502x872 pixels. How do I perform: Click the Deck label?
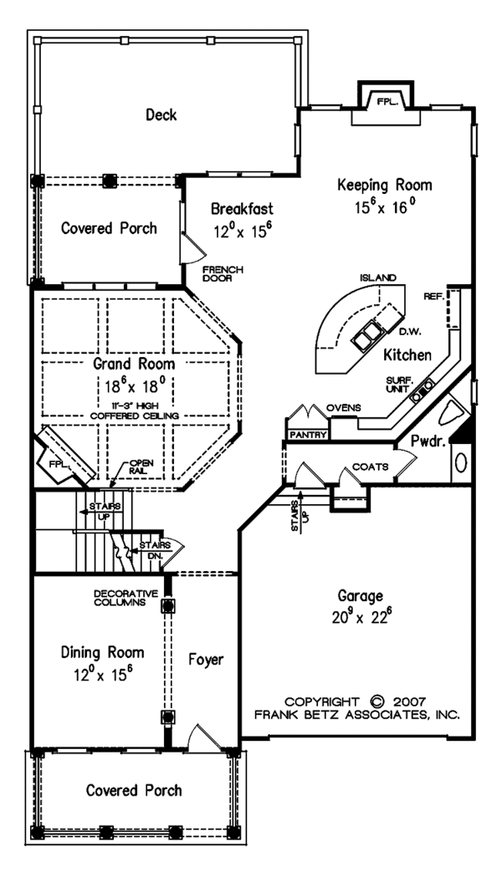tap(161, 115)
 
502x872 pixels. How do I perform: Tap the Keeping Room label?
tap(384, 185)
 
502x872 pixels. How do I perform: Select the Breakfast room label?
tap(242, 208)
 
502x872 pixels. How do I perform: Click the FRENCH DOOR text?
tap(223, 273)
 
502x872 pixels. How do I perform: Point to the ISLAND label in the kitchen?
tap(377, 278)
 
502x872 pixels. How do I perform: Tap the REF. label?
tap(433, 295)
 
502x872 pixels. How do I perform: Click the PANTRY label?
tap(307, 435)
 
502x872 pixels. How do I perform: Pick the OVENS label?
tap(344, 407)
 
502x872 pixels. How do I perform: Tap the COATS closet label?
tap(370, 467)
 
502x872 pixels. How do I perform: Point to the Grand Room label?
tap(134, 365)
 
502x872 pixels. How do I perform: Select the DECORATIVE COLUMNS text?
tap(121, 597)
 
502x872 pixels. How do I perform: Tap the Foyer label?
tap(205, 660)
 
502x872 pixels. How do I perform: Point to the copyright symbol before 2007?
tap(376, 701)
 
